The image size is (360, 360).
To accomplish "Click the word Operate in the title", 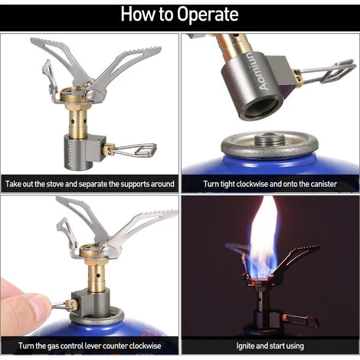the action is pos(208,15).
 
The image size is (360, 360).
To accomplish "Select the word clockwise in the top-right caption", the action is pos(251,184).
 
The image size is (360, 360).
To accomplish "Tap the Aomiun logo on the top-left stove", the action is pos(70,154).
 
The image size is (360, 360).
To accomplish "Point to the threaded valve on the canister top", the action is pos(270,139).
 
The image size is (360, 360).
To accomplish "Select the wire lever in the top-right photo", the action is pos(329,72).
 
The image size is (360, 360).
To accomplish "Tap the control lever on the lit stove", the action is pos(301,320).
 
